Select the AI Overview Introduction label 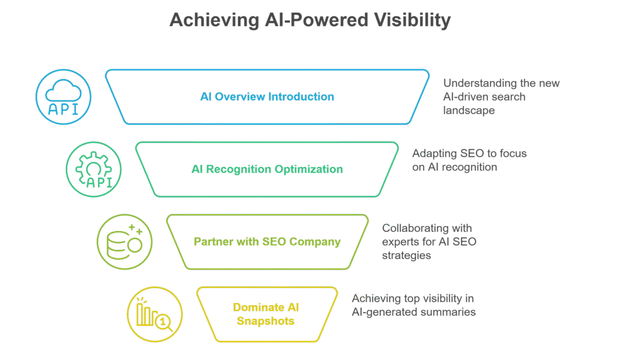pyautogui.click(x=267, y=97)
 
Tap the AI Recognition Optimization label pyautogui.click(x=266, y=169)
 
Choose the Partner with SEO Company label pyautogui.click(x=267, y=242)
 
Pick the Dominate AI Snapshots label pyautogui.click(x=266, y=314)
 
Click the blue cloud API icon pyautogui.click(x=64, y=97)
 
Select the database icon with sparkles pyautogui.click(x=125, y=242)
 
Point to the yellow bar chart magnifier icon pyautogui.click(x=155, y=314)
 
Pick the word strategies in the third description pyautogui.click(x=406, y=255)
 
